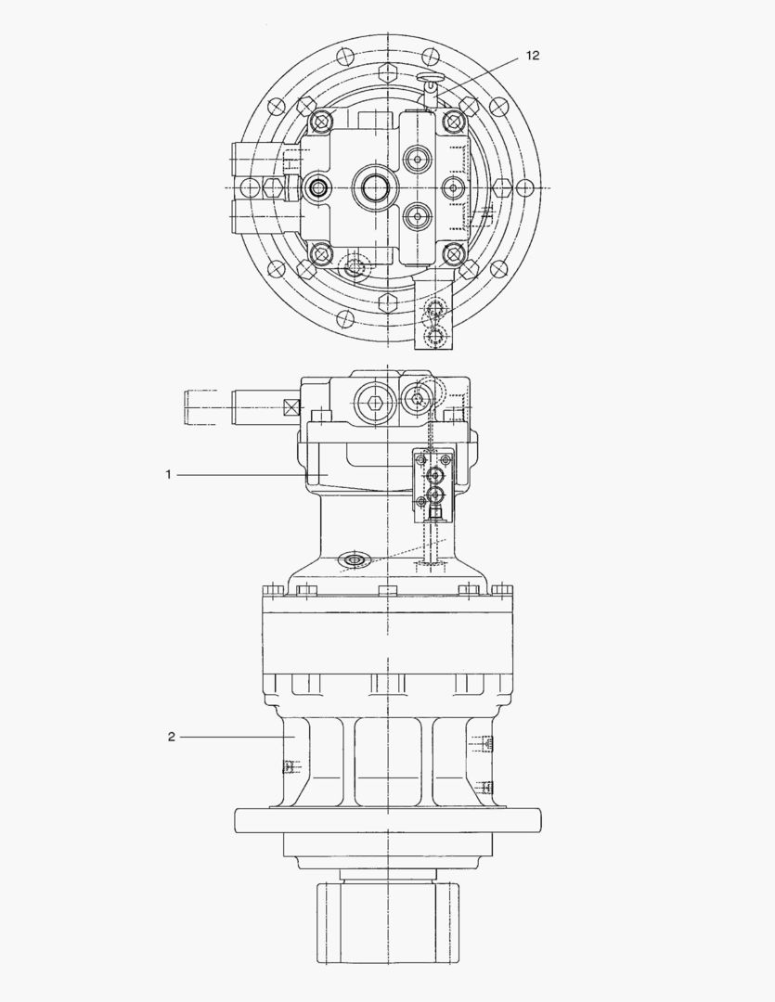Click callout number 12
[532, 56]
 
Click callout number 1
[168, 474]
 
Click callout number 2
[172, 737]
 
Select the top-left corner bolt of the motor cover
[321, 121]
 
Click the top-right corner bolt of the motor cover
[452, 121]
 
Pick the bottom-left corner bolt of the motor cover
[321, 251]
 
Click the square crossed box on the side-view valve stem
[291, 406]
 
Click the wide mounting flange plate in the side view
[387, 820]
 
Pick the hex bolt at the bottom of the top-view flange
[387, 302]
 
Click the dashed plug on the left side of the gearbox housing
[289, 765]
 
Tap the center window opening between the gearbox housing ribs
[387, 761]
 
